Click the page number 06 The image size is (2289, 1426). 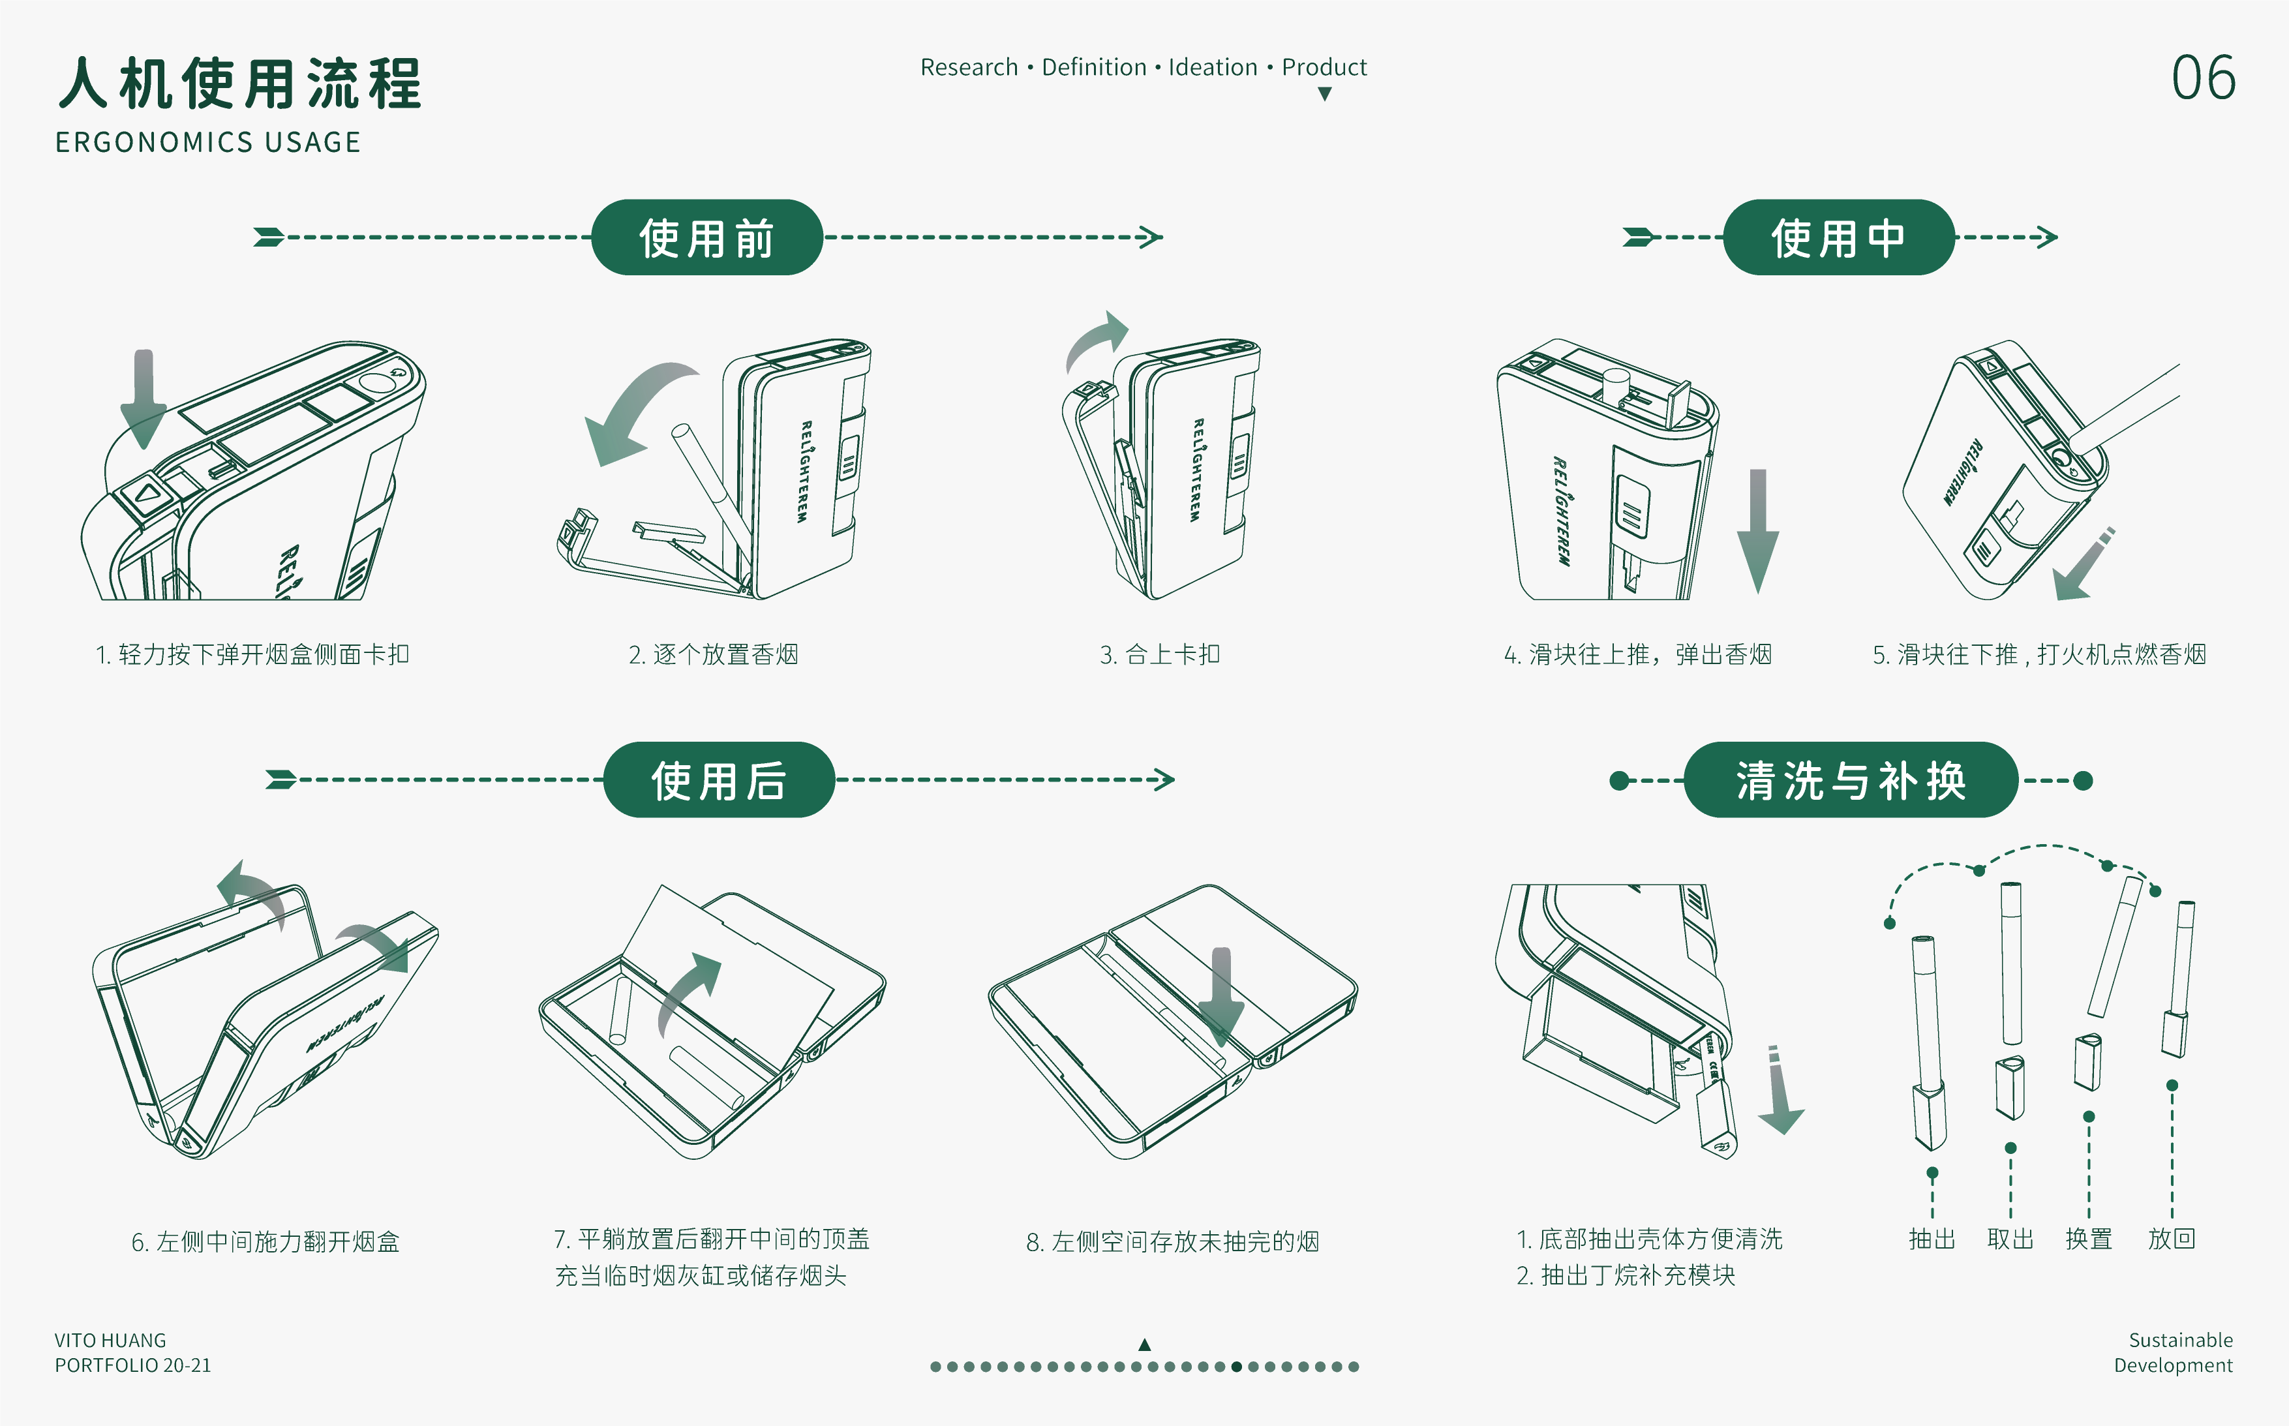coord(2202,78)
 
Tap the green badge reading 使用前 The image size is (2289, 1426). coord(706,237)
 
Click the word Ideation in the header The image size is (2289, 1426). coord(1212,67)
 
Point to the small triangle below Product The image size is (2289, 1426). coord(1324,95)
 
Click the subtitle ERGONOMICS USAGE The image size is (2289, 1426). coord(207,142)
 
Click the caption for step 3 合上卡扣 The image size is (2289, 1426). coord(1159,654)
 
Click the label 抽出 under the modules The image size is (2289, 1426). coord(1932,1238)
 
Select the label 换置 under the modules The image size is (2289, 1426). coord(2088,1238)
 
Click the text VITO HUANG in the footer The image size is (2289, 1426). coord(110,1340)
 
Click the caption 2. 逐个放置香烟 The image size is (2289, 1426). coord(713,654)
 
